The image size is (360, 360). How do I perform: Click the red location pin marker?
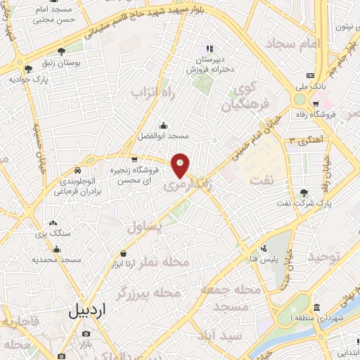[x=181, y=165]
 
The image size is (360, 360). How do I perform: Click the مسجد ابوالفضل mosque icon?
[x=164, y=125]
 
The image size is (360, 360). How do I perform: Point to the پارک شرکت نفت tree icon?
[x=304, y=193]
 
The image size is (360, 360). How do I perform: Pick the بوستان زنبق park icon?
[x=63, y=51]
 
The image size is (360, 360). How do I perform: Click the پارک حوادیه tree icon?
[x=28, y=69]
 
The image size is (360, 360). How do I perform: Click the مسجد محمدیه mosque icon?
[x=56, y=248]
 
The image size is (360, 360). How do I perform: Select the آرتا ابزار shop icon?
[x=124, y=253]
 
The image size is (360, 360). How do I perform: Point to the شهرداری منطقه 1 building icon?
[x=317, y=308]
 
